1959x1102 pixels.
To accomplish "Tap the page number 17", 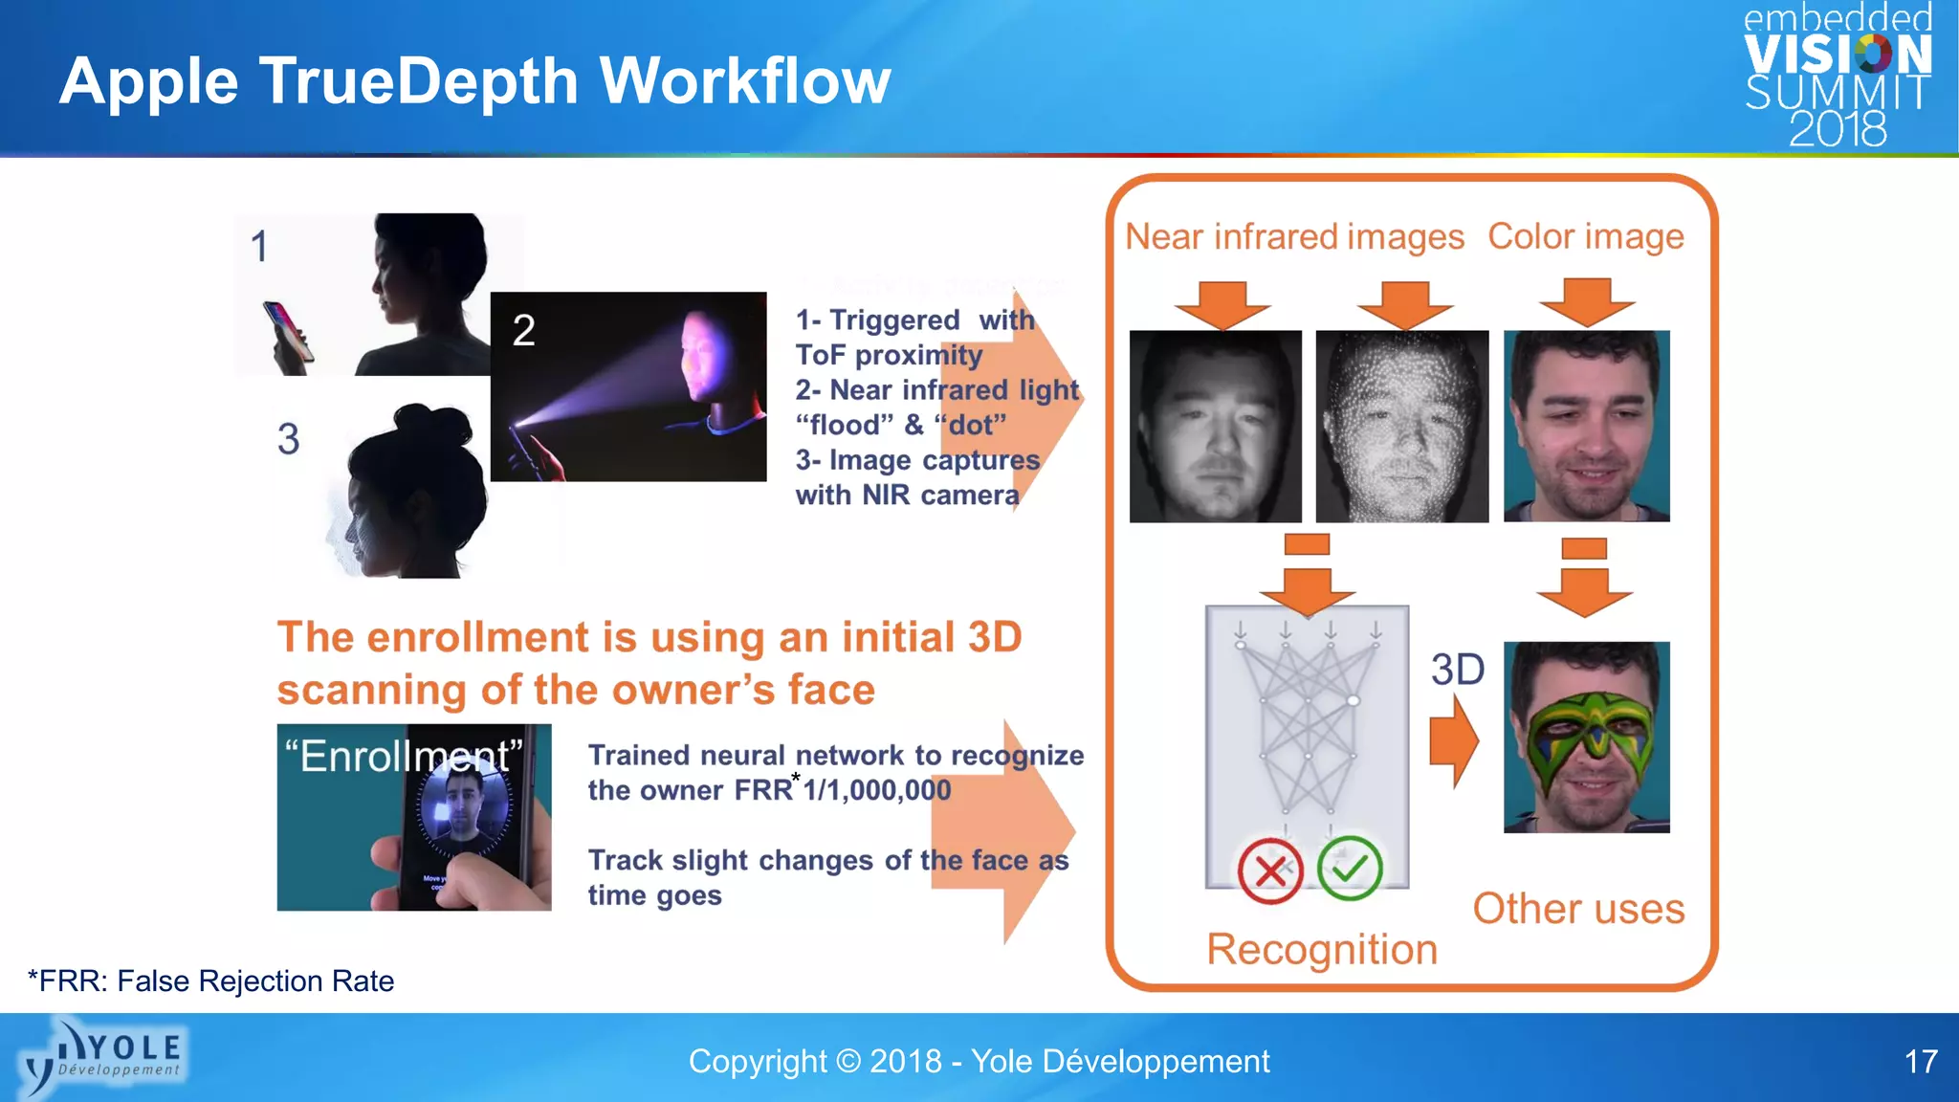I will pyautogui.click(x=1921, y=1061).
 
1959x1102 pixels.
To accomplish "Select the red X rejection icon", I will pyautogui.click(x=1270, y=871).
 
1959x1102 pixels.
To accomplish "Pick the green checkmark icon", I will pyautogui.click(x=1350, y=868).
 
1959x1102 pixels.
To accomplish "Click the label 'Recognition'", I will pyautogui.click(x=1322, y=949).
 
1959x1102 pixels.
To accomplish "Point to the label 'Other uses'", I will pyautogui.click(x=1578, y=908).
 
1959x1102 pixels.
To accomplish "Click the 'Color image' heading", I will pyautogui.click(x=1585, y=236).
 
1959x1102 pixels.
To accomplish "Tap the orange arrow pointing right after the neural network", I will pyautogui.click(x=1454, y=741).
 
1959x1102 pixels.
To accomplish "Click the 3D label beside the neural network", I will pyautogui.click(x=1457, y=670).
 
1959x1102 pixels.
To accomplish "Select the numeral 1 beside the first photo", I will pyautogui.click(x=259, y=247).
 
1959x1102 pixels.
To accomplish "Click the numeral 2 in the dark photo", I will pyautogui.click(x=523, y=331).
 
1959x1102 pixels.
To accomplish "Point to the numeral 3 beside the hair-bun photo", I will pyautogui.click(x=288, y=439).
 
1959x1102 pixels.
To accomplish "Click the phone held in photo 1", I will pyautogui.click(x=289, y=334).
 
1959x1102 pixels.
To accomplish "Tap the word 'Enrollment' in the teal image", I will pyautogui.click(x=405, y=756).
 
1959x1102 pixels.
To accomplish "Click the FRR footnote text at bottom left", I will pyautogui.click(x=211, y=981).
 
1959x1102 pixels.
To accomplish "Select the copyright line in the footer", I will pyautogui.click(x=979, y=1061).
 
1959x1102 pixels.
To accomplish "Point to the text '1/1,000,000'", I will pyautogui.click(x=877, y=790).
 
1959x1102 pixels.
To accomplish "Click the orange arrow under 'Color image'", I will pyautogui.click(x=1587, y=301).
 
